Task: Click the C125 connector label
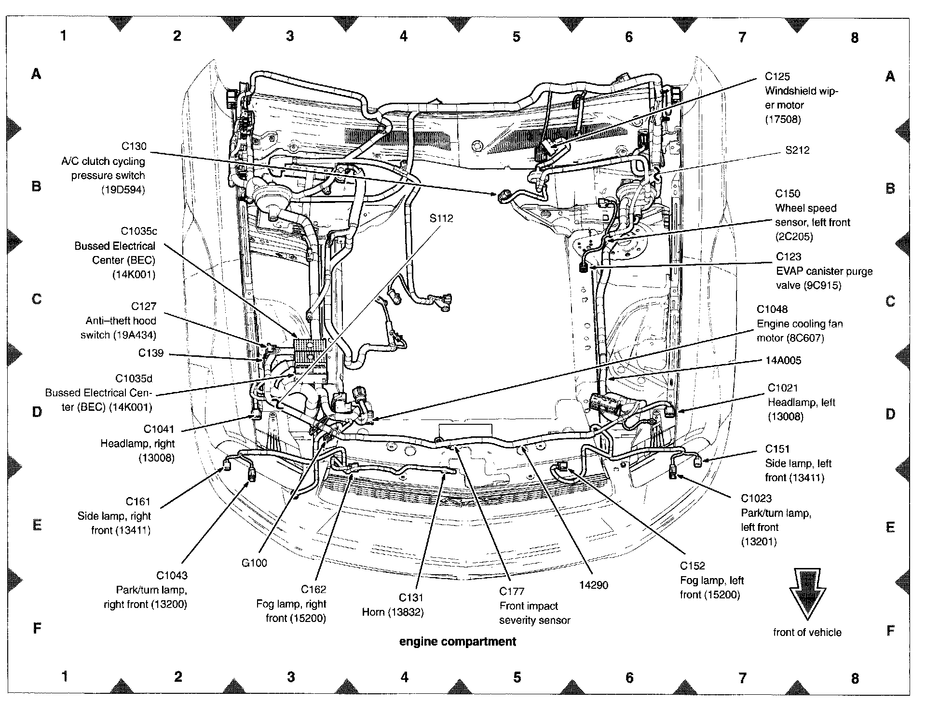click(777, 77)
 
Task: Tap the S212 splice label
click(797, 150)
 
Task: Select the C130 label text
click(134, 147)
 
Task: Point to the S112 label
click(441, 218)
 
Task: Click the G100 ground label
click(254, 563)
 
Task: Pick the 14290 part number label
click(593, 585)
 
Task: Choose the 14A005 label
click(783, 361)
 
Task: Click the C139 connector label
click(151, 353)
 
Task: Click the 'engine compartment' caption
click(457, 642)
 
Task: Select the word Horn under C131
click(373, 612)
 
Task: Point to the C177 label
click(512, 592)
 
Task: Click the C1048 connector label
click(772, 310)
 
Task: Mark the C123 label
click(789, 257)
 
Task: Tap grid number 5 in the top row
click(517, 37)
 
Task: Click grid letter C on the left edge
click(37, 299)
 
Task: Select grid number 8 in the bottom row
click(855, 678)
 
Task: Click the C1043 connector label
click(172, 576)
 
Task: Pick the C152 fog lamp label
click(693, 566)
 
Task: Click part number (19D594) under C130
click(123, 190)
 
